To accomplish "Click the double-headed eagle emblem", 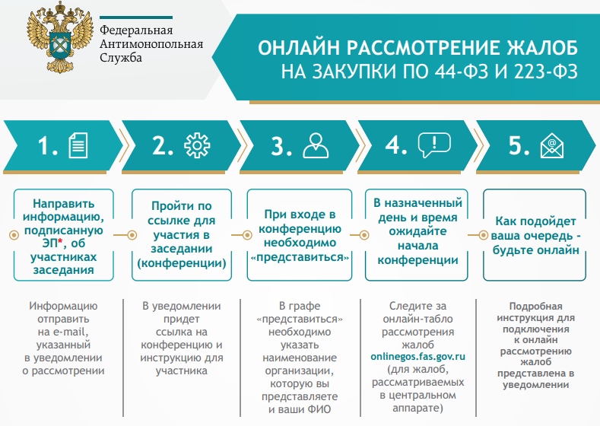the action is tap(60, 37).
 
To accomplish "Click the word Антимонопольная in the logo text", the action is tap(151, 43).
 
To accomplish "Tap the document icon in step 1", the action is tap(78, 145).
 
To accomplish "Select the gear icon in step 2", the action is tap(197, 145).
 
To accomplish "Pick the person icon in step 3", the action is tap(316, 145).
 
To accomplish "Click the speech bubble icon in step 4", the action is tap(434, 145).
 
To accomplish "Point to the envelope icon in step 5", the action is tap(552, 145).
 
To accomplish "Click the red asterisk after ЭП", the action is tap(60, 241).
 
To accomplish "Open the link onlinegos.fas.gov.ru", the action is tap(417, 357).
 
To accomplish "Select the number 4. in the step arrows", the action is tap(395, 145).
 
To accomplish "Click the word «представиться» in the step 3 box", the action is tap(300, 257).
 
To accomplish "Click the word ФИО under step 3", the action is tap(320, 409).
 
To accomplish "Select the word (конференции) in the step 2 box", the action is tap(182, 263).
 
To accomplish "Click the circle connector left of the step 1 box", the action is tap(14, 234).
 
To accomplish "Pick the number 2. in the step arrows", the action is tap(163, 145).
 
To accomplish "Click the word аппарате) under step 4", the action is tap(417, 409).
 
